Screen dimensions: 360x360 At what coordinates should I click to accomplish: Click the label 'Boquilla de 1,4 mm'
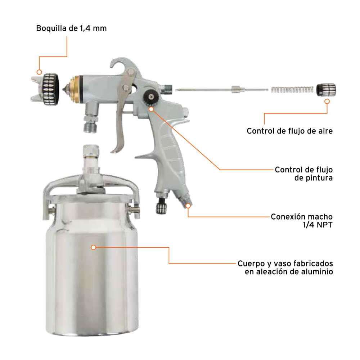click(x=71, y=28)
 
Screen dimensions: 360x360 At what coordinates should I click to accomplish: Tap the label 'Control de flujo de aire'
click(x=289, y=131)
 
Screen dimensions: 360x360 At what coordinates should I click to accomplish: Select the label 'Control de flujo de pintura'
click(x=304, y=174)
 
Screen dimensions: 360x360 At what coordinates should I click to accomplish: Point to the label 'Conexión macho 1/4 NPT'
click(x=302, y=220)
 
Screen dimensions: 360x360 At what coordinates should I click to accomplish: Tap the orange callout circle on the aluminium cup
click(x=94, y=247)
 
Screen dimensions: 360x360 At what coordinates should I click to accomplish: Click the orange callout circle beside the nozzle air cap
click(x=39, y=72)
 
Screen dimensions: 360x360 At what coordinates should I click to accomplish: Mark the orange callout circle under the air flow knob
click(x=327, y=101)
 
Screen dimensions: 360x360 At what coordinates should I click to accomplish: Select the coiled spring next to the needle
click(x=292, y=90)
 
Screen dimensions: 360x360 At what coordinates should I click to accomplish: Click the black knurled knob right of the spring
click(x=326, y=90)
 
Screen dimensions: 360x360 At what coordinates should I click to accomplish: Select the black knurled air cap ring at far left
click(x=50, y=90)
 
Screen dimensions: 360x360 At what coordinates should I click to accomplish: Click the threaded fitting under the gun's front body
click(x=91, y=124)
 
